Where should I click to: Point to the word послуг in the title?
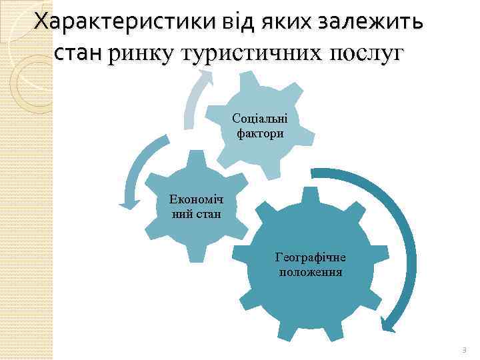point(364,53)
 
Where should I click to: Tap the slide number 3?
point(465,349)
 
